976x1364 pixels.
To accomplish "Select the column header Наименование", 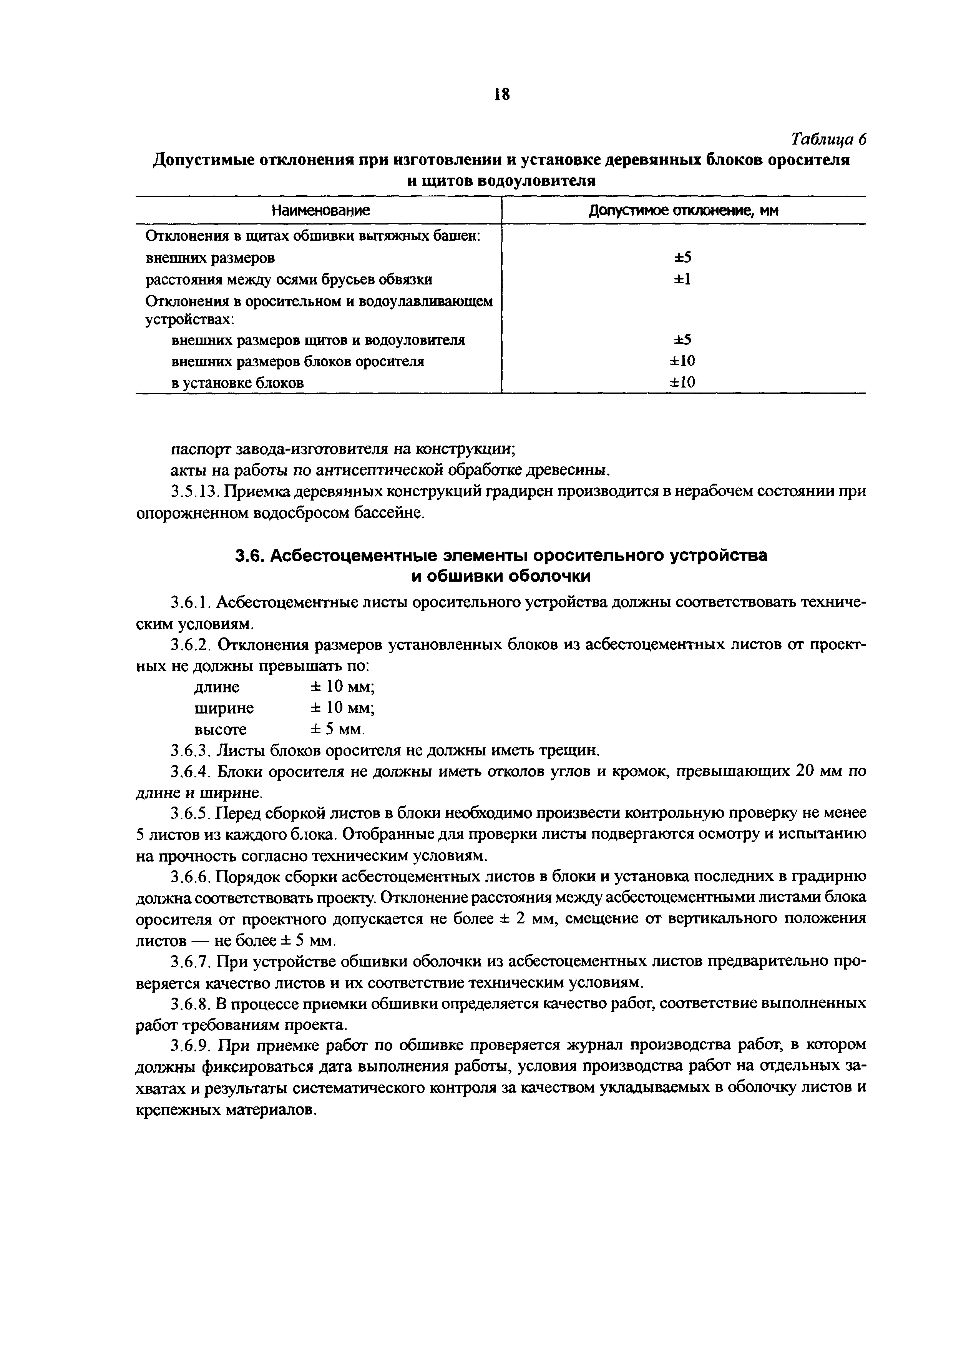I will click(x=320, y=210).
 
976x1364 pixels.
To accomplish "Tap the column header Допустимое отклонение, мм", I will click(x=683, y=210).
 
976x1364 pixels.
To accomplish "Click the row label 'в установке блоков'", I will click(x=237, y=383).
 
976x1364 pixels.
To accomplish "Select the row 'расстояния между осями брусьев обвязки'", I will click(x=289, y=279).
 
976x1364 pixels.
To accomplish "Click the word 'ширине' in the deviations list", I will click(x=224, y=708).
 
